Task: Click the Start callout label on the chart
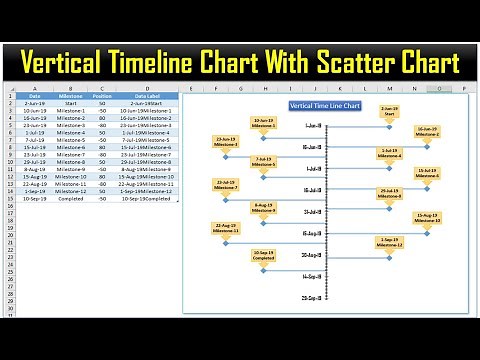click(388, 111)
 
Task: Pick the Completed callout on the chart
click(264, 255)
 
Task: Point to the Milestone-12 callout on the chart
click(388, 241)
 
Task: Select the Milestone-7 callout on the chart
click(226, 185)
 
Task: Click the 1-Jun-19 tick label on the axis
click(313, 125)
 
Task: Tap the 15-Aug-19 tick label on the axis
click(312, 234)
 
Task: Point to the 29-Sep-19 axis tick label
click(312, 297)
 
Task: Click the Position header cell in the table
click(101, 95)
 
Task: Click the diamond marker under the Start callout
click(388, 125)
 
